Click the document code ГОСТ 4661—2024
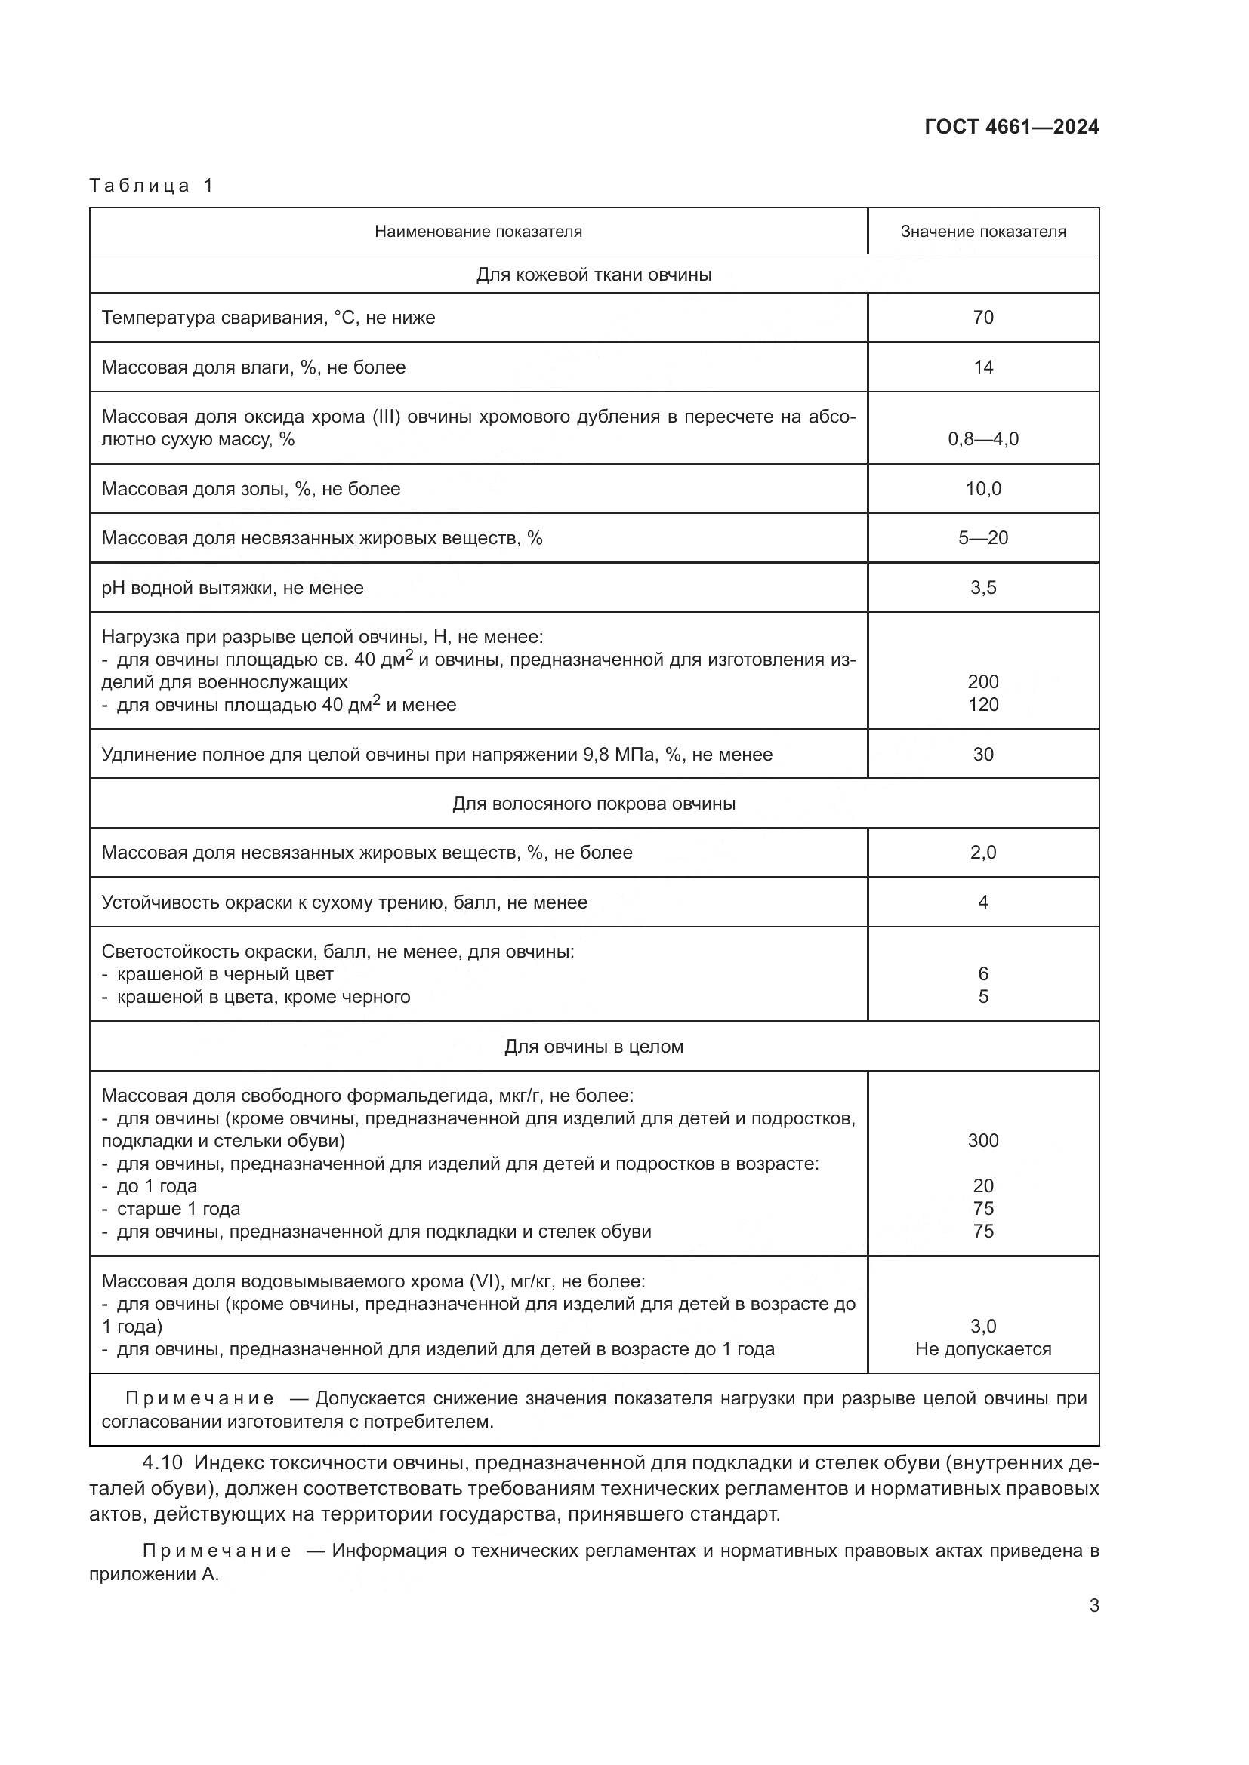click(1011, 127)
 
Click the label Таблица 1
click(151, 186)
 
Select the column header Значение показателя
click(983, 232)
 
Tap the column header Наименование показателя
click(477, 232)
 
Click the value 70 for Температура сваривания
click(983, 318)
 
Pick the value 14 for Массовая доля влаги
click(983, 367)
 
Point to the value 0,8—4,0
click(983, 439)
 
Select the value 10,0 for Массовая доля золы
click(983, 489)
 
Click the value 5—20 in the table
click(983, 538)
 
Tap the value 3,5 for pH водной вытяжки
click(983, 588)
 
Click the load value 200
click(983, 682)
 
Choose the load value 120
click(983, 704)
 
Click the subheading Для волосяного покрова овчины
click(594, 804)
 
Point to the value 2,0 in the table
click(983, 853)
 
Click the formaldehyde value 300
click(983, 1141)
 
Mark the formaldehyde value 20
click(983, 1186)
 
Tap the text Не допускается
click(983, 1349)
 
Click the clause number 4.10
click(162, 1463)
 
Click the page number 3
click(1093, 1606)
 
